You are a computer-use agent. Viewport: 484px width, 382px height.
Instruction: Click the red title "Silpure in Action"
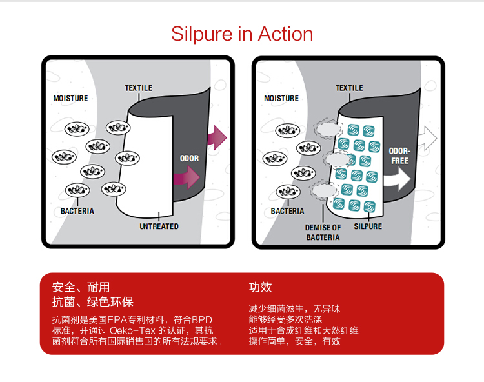pyautogui.click(x=242, y=34)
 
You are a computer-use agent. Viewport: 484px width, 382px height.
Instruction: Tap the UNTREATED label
pyautogui.click(x=159, y=226)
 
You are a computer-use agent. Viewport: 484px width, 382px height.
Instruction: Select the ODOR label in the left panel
pyautogui.click(x=189, y=158)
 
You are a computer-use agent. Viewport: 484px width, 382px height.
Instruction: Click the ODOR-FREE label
pyautogui.click(x=399, y=156)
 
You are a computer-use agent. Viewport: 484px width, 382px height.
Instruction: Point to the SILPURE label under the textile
pyautogui.click(x=368, y=226)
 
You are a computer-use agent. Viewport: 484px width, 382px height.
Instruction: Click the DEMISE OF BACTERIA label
pyautogui.click(x=323, y=232)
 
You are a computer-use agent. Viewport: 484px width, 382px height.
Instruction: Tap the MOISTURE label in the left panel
pyautogui.click(x=71, y=99)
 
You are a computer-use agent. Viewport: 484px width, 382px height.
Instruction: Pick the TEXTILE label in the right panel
pyautogui.click(x=349, y=88)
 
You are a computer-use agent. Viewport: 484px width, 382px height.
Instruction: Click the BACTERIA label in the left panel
pyautogui.click(x=77, y=211)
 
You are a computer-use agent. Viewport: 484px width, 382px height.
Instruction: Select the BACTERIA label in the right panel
pyautogui.click(x=287, y=211)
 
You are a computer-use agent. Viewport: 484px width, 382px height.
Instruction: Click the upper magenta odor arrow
pyautogui.click(x=217, y=137)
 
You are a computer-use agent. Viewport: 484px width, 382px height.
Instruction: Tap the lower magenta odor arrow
pyautogui.click(x=187, y=177)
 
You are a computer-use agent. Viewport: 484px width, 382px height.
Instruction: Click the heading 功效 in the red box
pyautogui.click(x=260, y=287)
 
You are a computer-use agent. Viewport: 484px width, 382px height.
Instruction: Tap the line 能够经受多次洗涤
pyautogui.click(x=285, y=319)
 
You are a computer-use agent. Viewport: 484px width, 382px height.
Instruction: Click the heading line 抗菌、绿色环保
pyautogui.click(x=92, y=302)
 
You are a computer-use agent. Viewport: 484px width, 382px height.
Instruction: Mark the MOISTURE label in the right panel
pyautogui.click(x=281, y=99)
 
